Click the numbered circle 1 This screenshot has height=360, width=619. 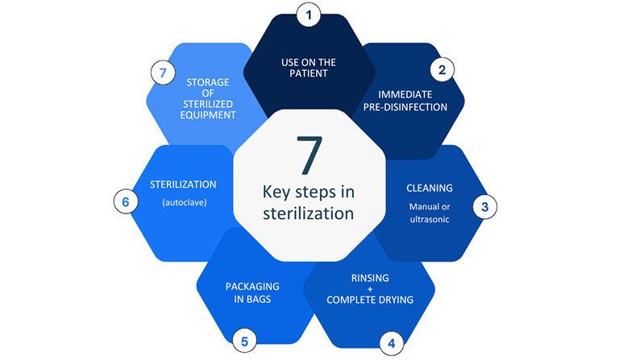coord(309,14)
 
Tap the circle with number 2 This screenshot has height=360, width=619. coord(441,70)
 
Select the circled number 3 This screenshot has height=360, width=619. coord(484,206)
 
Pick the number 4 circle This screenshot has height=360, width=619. coord(391,343)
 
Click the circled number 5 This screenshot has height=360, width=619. coord(245,340)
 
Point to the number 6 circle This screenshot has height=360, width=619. coord(126,202)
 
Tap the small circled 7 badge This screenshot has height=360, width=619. coord(164,73)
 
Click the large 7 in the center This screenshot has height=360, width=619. coord(308,155)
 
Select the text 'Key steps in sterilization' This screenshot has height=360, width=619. coord(308,203)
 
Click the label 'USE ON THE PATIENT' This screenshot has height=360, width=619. coord(309,67)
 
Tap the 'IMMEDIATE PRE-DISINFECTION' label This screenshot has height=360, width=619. coord(412,100)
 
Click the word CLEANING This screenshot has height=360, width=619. coord(429,188)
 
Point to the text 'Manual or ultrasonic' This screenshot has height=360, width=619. coord(429,212)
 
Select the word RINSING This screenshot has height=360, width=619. coord(370,279)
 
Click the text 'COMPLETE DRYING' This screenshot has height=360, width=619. coord(370,300)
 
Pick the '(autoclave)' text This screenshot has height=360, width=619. coord(185,203)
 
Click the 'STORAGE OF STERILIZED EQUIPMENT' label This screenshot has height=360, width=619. coord(208,97)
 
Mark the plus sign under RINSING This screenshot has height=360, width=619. coord(370,289)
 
